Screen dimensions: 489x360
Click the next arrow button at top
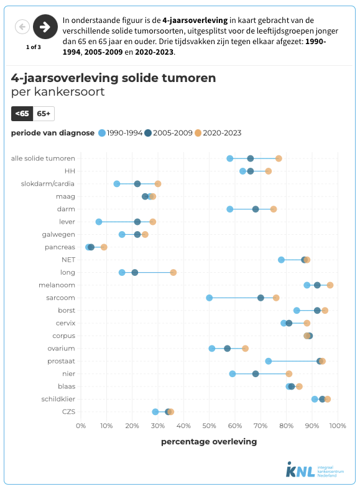[x=45, y=26]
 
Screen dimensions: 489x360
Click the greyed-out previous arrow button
[x=22, y=26]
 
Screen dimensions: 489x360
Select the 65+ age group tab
[x=44, y=113]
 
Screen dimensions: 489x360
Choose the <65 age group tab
[x=22, y=113]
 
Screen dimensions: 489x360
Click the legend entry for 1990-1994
[x=121, y=133]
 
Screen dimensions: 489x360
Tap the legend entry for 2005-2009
[x=167, y=133]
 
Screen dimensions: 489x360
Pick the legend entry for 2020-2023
[x=218, y=133]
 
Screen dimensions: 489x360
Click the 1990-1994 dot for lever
[x=99, y=222]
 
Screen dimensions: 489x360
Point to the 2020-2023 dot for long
[x=173, y=272]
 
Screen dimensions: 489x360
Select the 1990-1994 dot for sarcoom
[x=210, y=298]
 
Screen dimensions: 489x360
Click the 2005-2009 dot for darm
[x=256, y=209]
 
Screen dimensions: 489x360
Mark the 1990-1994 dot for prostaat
[x=269, y=361]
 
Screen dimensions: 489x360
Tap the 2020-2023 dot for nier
[x=289, y=373]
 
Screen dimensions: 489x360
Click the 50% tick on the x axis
[x=209, y=426]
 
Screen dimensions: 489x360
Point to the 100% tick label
[x=337, y=426]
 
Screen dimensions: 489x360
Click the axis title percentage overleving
[x=209, y=442]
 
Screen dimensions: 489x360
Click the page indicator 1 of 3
[x=34, y=47]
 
